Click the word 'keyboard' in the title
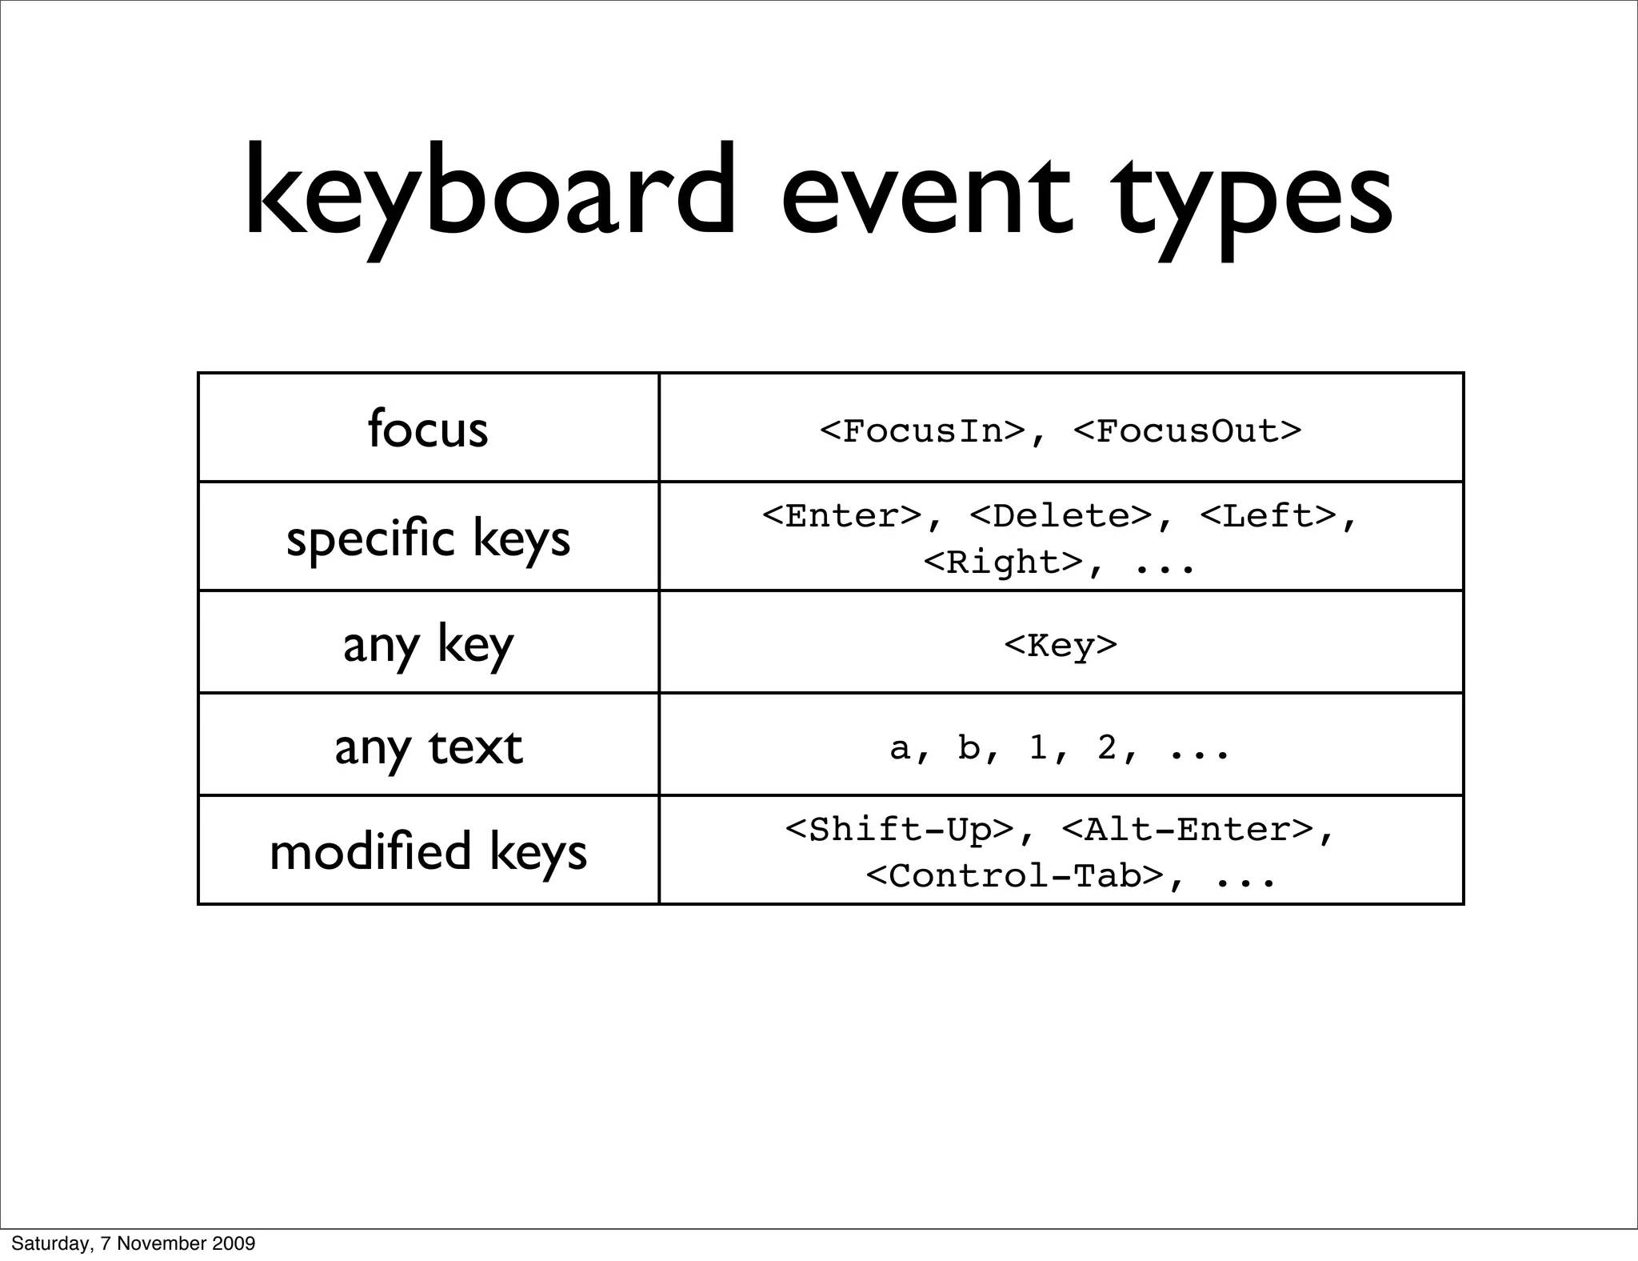coord(489,192)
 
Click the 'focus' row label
coord(428,429)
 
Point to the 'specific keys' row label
coord(428,538)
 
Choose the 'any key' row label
coord(428,644)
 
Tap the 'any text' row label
coord(428,747)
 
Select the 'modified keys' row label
coord(428,851)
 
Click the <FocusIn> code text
coord(922,431)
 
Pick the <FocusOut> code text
coord(1188,431)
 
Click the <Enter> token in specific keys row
coord(842,516)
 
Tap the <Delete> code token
coord(1061,516)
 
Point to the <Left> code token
coord(1268,516)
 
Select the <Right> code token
coord(1003,562)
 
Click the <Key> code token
coord(1061,645)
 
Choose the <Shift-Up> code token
coord(900,830)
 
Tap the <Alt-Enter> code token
coord(1188,830)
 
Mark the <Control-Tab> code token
coord(1014,876)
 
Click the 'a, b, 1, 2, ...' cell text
coord(1060,748)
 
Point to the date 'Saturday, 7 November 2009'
coord(134,1243)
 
